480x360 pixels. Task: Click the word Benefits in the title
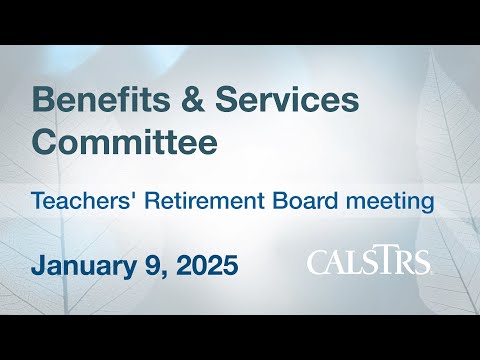click(101, 99)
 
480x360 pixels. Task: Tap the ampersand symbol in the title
click(192, 99)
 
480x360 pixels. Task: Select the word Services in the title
click(287, 99)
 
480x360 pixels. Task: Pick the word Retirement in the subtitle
click(205, 201)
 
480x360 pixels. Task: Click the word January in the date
click(84, 266)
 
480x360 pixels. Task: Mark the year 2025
click(207, 265)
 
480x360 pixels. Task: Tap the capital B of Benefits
click(43, 99)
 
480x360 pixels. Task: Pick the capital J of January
click(39, 265)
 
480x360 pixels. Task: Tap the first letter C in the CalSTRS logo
click(318, 262)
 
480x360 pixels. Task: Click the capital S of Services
click(228, 99)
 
